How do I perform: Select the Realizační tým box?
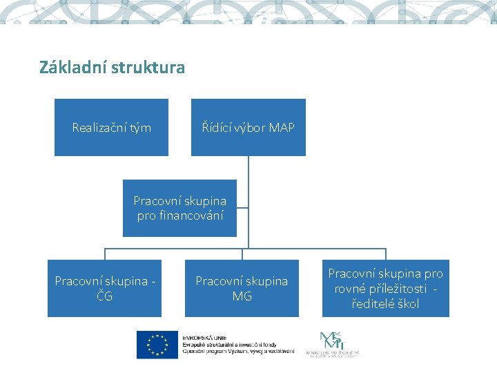coord(111,127)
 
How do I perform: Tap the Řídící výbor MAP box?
coord(248,127)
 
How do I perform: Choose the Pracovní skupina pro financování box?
coord(179,208)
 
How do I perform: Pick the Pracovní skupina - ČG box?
coord(104,288)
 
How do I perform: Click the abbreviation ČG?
coord(104,296)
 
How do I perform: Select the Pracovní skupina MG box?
coord(242,288)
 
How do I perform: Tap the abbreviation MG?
coord(242,296)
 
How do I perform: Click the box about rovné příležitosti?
coord(385,288)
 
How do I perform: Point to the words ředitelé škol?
coord(385,304)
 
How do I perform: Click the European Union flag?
coord(157,345)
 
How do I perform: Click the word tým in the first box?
coord(140,128)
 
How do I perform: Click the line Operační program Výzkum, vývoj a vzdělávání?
coord(237,351)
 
